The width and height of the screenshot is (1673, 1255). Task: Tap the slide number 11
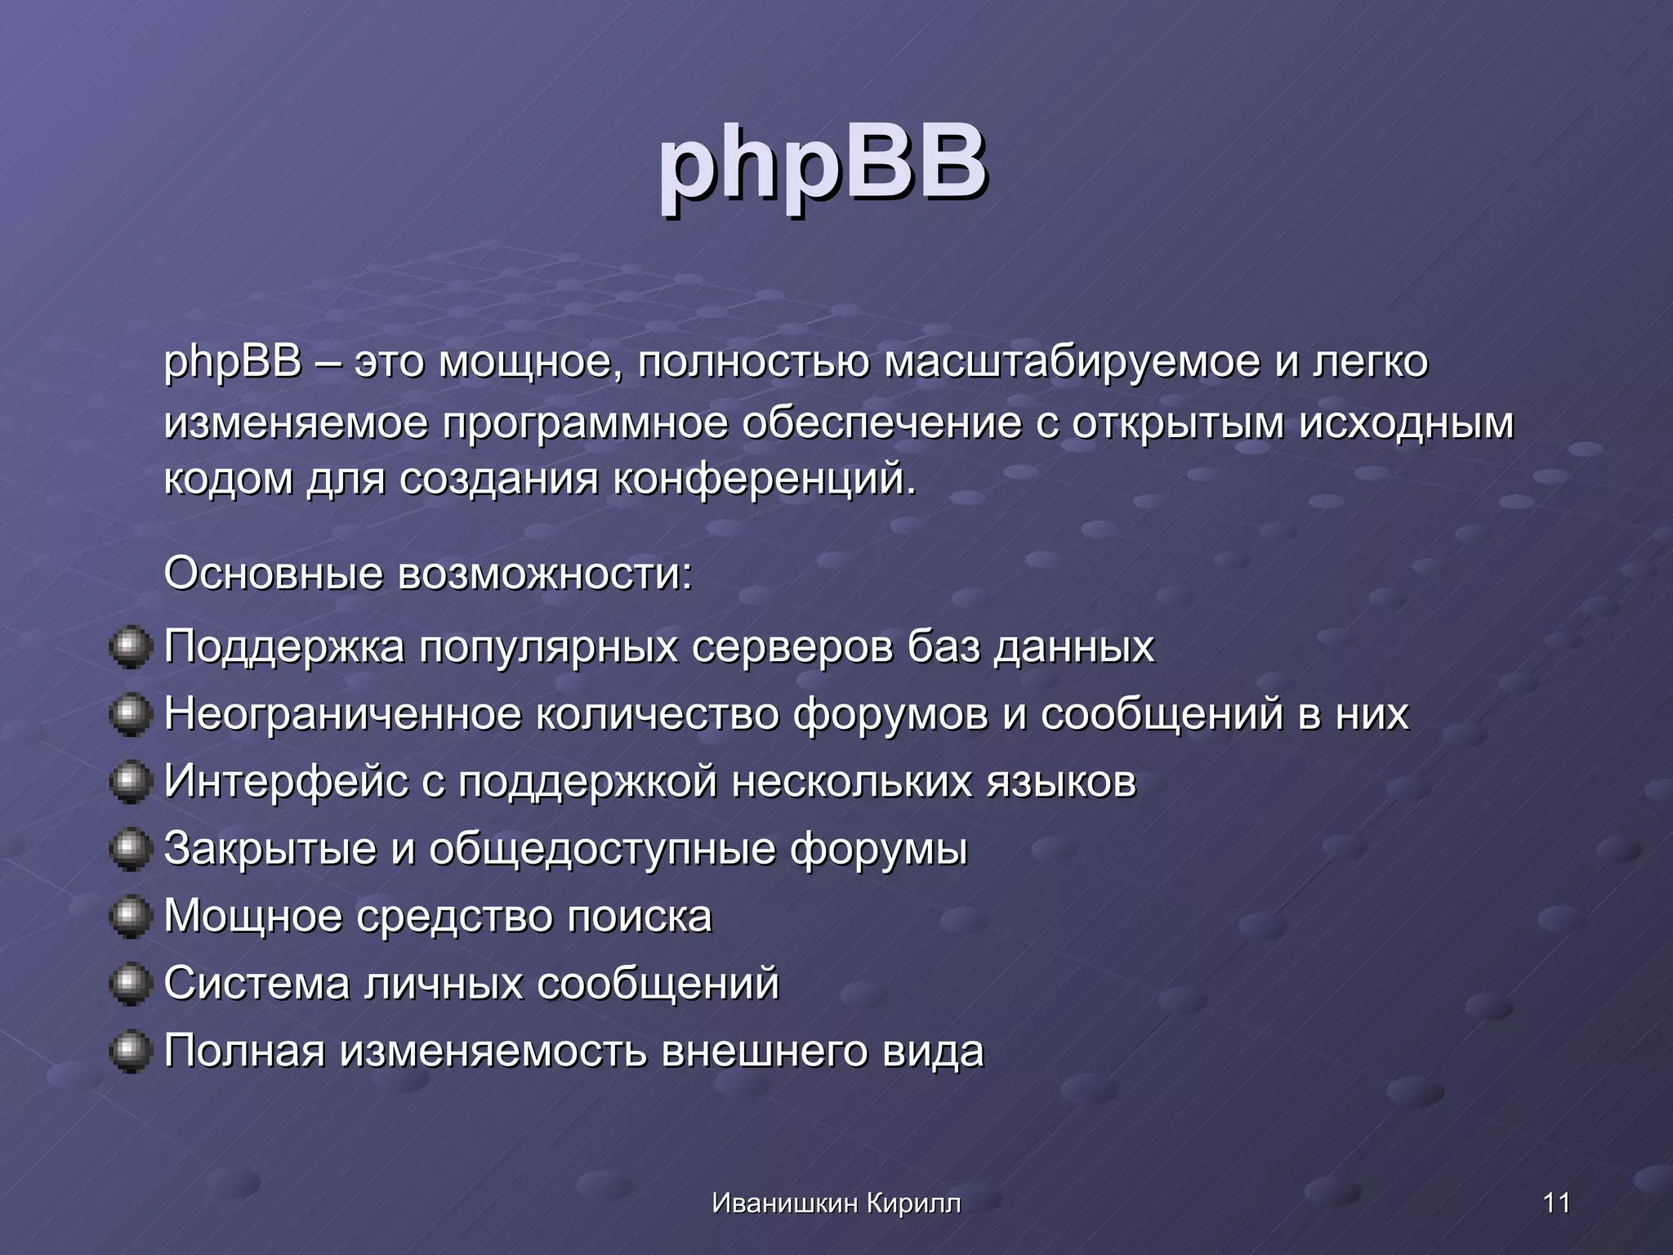[1556, 1203]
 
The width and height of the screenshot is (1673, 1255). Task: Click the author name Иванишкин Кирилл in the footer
[836, 1203]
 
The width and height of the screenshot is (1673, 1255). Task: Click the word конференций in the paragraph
[764, 479]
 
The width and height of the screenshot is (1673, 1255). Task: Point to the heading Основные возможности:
[428, 574]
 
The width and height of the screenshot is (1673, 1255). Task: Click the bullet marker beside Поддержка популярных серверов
[131, 647]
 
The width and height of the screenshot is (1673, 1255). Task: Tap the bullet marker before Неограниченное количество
[131, 714]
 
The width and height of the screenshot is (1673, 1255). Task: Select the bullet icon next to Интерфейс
[131, 782]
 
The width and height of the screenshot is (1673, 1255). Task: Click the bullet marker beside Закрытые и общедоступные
[131, 849]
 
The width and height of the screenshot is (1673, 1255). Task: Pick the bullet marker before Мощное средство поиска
[131, 916]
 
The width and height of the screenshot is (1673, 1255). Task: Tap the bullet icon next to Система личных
[131, 983]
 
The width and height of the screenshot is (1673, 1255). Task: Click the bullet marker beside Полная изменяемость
[131, 1051]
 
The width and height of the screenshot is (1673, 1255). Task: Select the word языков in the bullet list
[1061, 782]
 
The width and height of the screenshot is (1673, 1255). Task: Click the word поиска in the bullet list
[640, 917]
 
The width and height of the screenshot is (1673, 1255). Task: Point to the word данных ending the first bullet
[1074, 648]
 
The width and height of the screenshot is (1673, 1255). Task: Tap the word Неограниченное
[342, 714]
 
